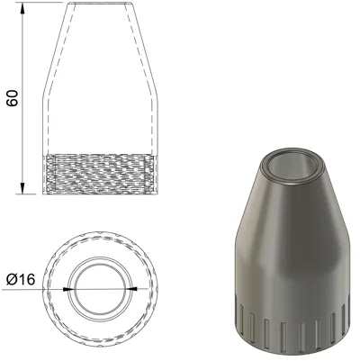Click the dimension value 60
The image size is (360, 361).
point(13,98)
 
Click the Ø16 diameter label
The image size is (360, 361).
point(21,280)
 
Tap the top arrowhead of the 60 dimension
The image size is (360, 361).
point(22,8)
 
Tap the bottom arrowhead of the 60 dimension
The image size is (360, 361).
point(22,188)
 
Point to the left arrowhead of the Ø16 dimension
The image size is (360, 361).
point(68,289)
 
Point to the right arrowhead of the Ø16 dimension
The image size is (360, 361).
point(131,289)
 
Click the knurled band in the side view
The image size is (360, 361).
point(100,175)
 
